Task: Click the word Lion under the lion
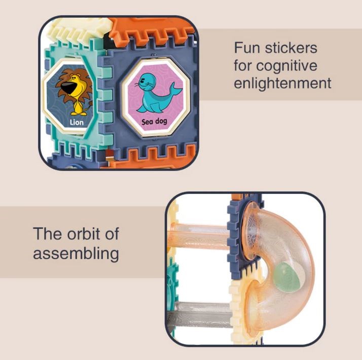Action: (x=77, y=122)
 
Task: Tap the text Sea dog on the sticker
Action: (x=154, y=122)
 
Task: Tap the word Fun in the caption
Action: (x=247, y=48)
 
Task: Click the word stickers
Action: (x=291, y=48)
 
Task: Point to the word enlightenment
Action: (x=282, y=83)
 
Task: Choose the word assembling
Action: (x=76, y=254)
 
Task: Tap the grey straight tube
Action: (x=200, y=314)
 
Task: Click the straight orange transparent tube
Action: (x=199, y=237)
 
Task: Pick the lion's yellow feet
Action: (x=79, y=113)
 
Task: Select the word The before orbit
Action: (x=48, y=234)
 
